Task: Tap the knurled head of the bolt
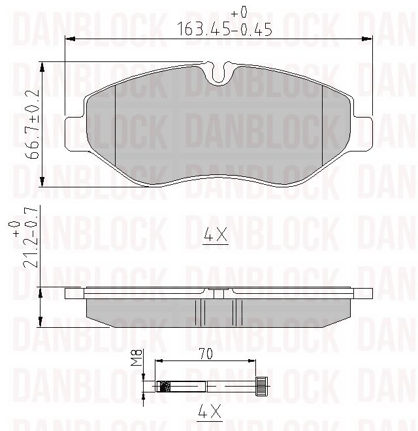pos(262,385)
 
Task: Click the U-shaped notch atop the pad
pos(220,74)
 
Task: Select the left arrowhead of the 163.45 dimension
pos(69,39)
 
